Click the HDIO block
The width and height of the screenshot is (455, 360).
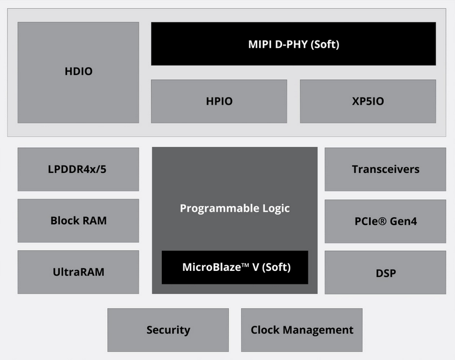[78, 72]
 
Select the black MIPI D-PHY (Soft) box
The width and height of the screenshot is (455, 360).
[293, 44]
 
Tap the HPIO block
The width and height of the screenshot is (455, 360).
[219, 101]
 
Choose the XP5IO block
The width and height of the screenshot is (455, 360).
[368, 101]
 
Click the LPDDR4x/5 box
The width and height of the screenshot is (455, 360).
[78, 169]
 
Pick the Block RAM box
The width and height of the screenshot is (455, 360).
[78, 220]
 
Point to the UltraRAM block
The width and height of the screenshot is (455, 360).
[78, 272]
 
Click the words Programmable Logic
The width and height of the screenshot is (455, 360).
[235, 208]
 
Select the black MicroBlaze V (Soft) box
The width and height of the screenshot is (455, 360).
[235, 268]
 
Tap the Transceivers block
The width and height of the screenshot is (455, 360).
[386, 169]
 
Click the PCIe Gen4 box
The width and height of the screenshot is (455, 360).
[386, 221]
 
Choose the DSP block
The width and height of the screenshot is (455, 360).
[386, 272]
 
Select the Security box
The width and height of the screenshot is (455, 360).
[168, 330]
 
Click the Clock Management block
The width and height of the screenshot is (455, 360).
[302, 330]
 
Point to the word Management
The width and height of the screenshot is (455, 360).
[318, 330]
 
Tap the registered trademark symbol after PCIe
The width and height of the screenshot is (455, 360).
[382, 221]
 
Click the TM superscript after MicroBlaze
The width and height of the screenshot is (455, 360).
[245, 265]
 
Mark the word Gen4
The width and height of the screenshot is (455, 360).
[404, 221]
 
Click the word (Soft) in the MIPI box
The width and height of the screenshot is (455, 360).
[325, 44]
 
